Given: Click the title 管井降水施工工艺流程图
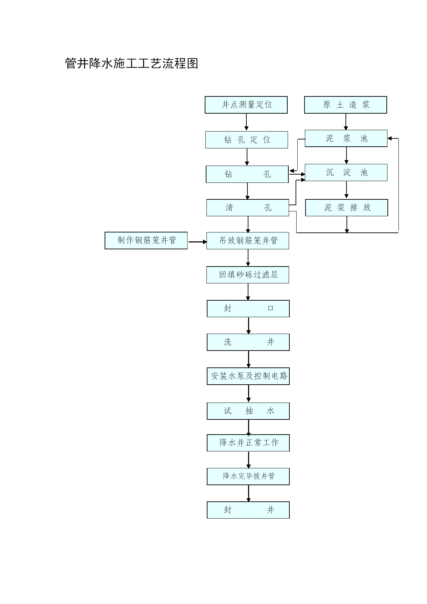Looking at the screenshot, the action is click(131, 63).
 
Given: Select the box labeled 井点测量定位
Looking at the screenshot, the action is click(246, 105).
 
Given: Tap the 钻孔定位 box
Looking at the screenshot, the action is click(247, 140).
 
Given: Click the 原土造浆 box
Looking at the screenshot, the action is click(345, 105).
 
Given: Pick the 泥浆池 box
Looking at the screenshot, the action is click(346, 138).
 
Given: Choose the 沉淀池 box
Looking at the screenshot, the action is click(346, 173).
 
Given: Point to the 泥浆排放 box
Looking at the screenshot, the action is click(346, 208).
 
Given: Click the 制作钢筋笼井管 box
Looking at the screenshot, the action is click(146, 240).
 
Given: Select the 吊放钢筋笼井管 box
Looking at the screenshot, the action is click(248, 240).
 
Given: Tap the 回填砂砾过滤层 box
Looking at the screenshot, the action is click(248, 275).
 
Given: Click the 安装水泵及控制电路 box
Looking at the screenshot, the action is click(248, 376).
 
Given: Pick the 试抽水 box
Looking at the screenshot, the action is click(248, 411).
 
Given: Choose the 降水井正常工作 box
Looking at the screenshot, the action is click(248, 443).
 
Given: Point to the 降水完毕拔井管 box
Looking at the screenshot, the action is click(248, 477).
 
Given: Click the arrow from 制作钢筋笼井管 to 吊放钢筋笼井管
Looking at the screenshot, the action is click(198, 242).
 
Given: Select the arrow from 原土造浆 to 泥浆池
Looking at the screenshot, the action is click(346, 122).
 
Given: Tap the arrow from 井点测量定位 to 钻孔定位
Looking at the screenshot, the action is click(246, 122).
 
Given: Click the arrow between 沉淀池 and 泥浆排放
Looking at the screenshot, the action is click(346, 190).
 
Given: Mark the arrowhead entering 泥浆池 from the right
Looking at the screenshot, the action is click(390, 138).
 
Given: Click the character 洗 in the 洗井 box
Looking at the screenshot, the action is click(228, 342).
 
